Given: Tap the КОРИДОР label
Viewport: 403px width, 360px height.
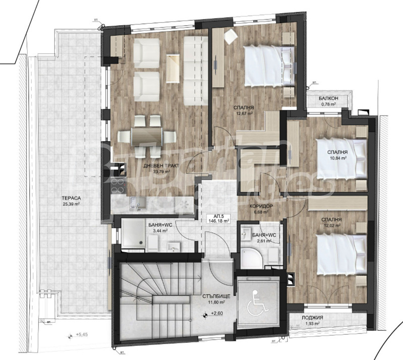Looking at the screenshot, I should point(261,206).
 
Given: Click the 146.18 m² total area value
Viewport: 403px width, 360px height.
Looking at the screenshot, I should point(220,221).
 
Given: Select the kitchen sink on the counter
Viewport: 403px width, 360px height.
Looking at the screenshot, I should point(138,203).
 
